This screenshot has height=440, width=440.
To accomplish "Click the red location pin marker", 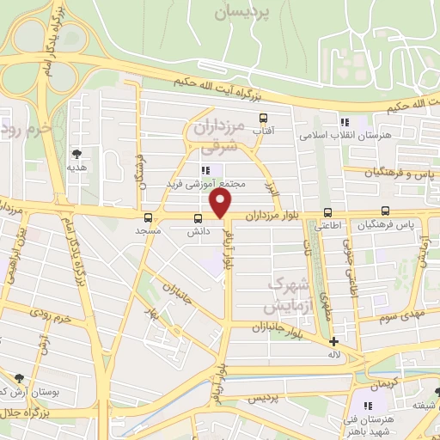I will point(221,205).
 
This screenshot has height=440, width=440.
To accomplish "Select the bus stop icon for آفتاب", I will point(263,119).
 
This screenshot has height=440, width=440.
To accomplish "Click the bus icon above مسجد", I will point(149,217).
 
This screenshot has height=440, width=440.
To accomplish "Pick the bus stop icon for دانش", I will point(198,218).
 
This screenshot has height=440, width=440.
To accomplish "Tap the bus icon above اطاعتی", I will point(327,213).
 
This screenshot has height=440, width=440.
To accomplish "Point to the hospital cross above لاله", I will point(333,341).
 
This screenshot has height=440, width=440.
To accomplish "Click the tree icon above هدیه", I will point(78,153).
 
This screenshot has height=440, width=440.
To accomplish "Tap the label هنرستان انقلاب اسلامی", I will point(345,136).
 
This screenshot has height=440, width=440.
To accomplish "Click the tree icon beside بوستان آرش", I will point(19,377).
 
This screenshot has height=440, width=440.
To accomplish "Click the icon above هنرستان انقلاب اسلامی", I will point(345,122).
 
